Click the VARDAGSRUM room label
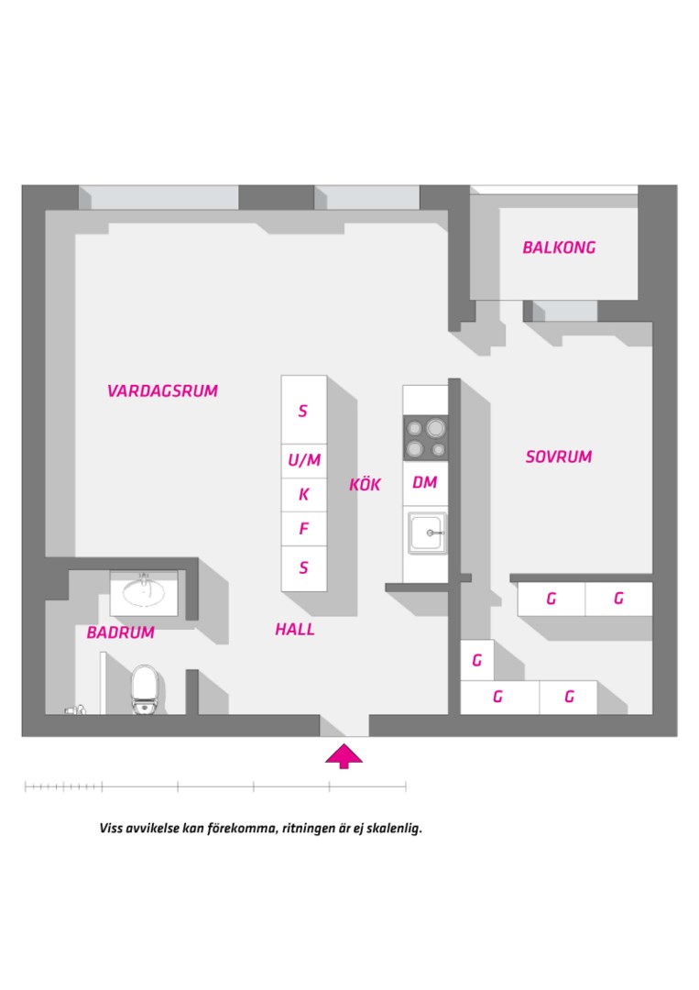[x=163, y=391]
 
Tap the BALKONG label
[x=559, y=247]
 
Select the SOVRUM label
[x=559, y=456]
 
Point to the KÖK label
[x=365, y=484]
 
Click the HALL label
[x=295, y=630]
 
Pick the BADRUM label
[x=121, y=632]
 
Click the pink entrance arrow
[x=344, y=755]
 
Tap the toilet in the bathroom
[x=144, y=689]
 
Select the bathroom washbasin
[x=144, y=592]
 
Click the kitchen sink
[x=427, y=533]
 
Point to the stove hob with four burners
[x=426, y=438]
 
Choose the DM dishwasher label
[x=424, y=483]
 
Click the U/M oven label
[x=304, y=460]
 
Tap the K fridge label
[x=304, y=494]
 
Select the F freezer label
[x=304, y=529]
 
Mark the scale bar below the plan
[x=215, y=786]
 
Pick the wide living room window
[x=158, y=197]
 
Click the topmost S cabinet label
[x=303, y=411]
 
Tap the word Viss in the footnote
[x=111, y=828]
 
